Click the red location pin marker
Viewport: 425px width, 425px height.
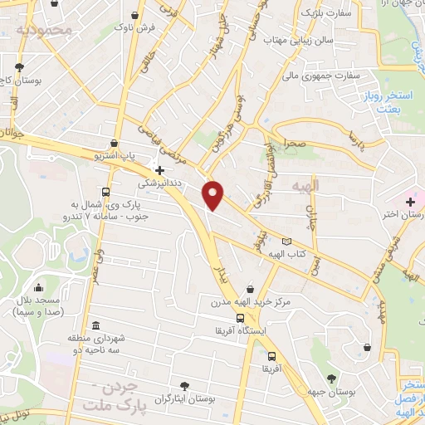click(x=214, y=194)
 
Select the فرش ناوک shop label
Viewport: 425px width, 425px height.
click(x=137, y=28)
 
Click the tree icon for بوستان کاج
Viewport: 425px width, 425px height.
click(x=18, y=67)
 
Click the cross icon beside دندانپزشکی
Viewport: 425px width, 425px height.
click(x=159, y=170)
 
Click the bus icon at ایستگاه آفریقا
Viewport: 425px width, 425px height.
click(x=240, y=317)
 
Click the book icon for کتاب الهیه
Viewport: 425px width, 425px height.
click(x=287, y=242)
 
